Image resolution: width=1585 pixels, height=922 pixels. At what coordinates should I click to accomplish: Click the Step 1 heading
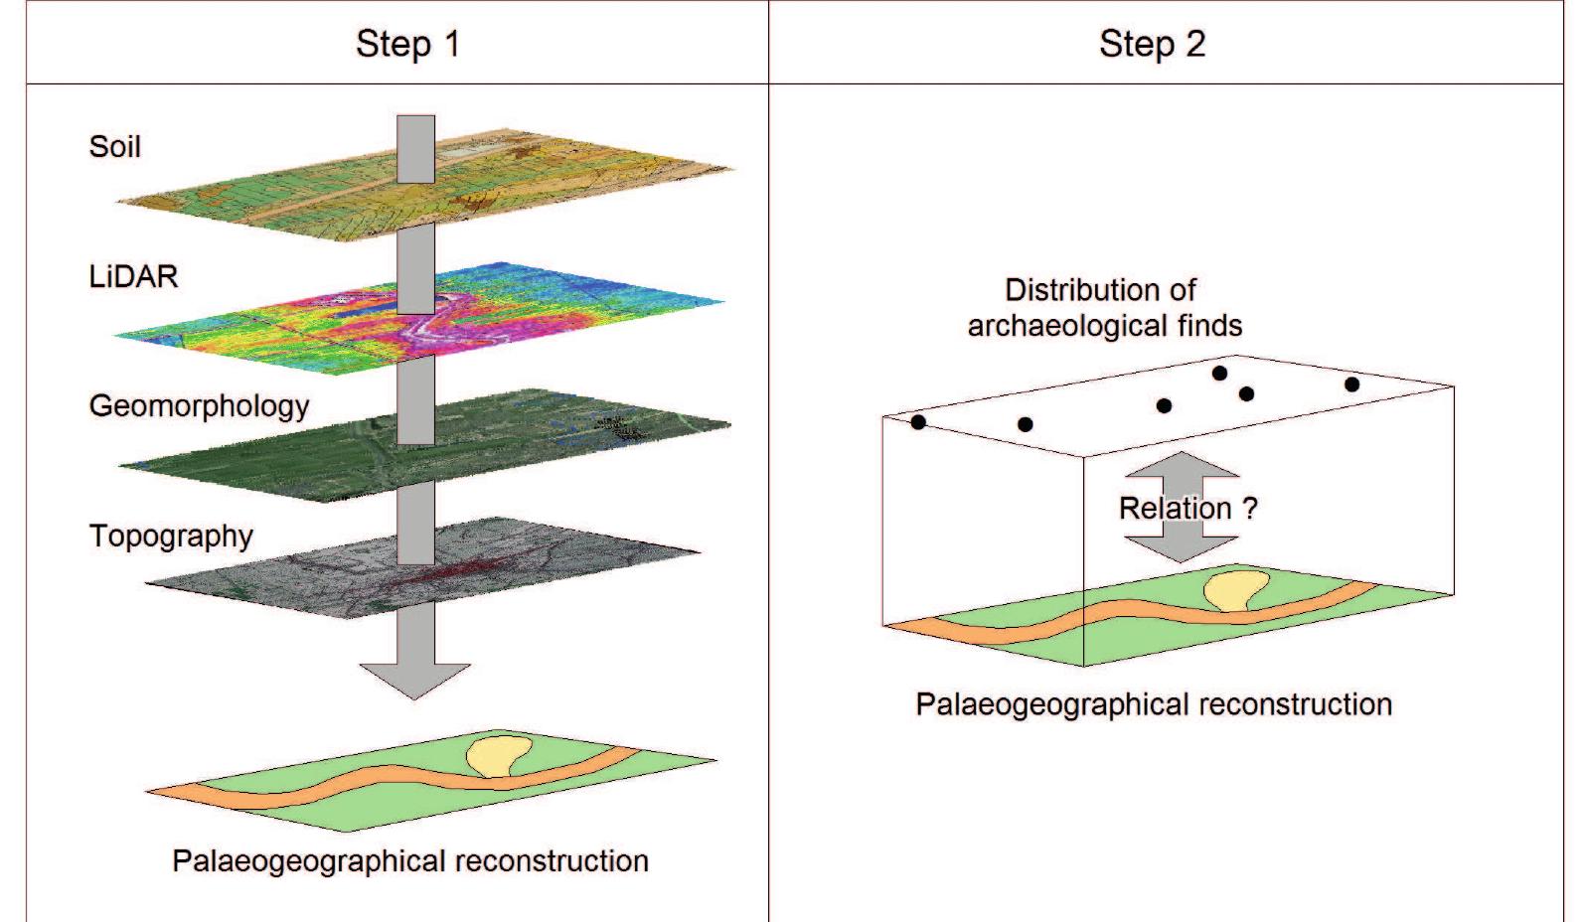pos(407,45)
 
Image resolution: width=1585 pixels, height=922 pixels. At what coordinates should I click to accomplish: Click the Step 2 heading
pos(1152,45)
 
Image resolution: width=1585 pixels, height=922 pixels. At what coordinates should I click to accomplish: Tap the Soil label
pos(115,147)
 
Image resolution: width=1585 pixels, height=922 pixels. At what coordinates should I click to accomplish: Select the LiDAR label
pos(133,276)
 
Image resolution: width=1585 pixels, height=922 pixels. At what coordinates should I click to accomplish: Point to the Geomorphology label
pos(199,406)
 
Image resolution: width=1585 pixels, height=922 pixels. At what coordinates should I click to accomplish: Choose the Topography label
pos(171,537)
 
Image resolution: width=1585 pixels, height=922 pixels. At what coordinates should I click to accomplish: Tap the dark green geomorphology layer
pos(298,447)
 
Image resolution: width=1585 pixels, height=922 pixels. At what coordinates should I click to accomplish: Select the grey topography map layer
pos(298,576)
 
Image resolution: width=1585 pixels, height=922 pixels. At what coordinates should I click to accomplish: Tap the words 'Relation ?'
pos(1188,509)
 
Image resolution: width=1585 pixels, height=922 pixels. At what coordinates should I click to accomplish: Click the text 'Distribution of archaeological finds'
pos(1103,308)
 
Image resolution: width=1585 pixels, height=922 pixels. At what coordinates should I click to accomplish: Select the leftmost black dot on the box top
pos(918,422)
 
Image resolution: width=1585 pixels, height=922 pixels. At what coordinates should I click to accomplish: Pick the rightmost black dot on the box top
pos(1351,384)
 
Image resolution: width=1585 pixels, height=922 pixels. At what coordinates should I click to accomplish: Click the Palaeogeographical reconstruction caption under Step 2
pos(1153,705)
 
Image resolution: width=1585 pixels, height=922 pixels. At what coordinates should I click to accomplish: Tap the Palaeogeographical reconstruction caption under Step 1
pos(409,861)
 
